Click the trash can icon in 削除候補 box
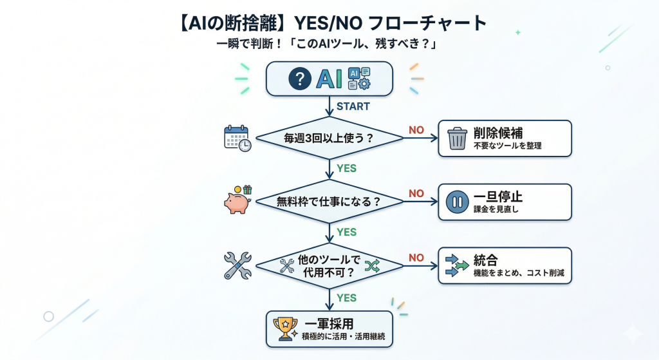point(457,138)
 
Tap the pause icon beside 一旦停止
point(457,202)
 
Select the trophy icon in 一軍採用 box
point(284,329)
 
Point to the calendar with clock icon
point(237,138)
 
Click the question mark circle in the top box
point(300,79)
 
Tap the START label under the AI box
point(353,106)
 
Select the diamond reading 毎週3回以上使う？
point(329,138)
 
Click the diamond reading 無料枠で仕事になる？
point(329,202)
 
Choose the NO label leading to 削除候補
point(416,130)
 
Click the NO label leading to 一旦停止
point(416,193)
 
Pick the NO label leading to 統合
point(416,258)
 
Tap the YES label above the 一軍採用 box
point(347,298)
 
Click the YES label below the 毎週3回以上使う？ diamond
point(347,169)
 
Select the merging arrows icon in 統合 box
point(457,265)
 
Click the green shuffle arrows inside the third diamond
point(372,265)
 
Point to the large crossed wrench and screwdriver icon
point(237,265)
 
